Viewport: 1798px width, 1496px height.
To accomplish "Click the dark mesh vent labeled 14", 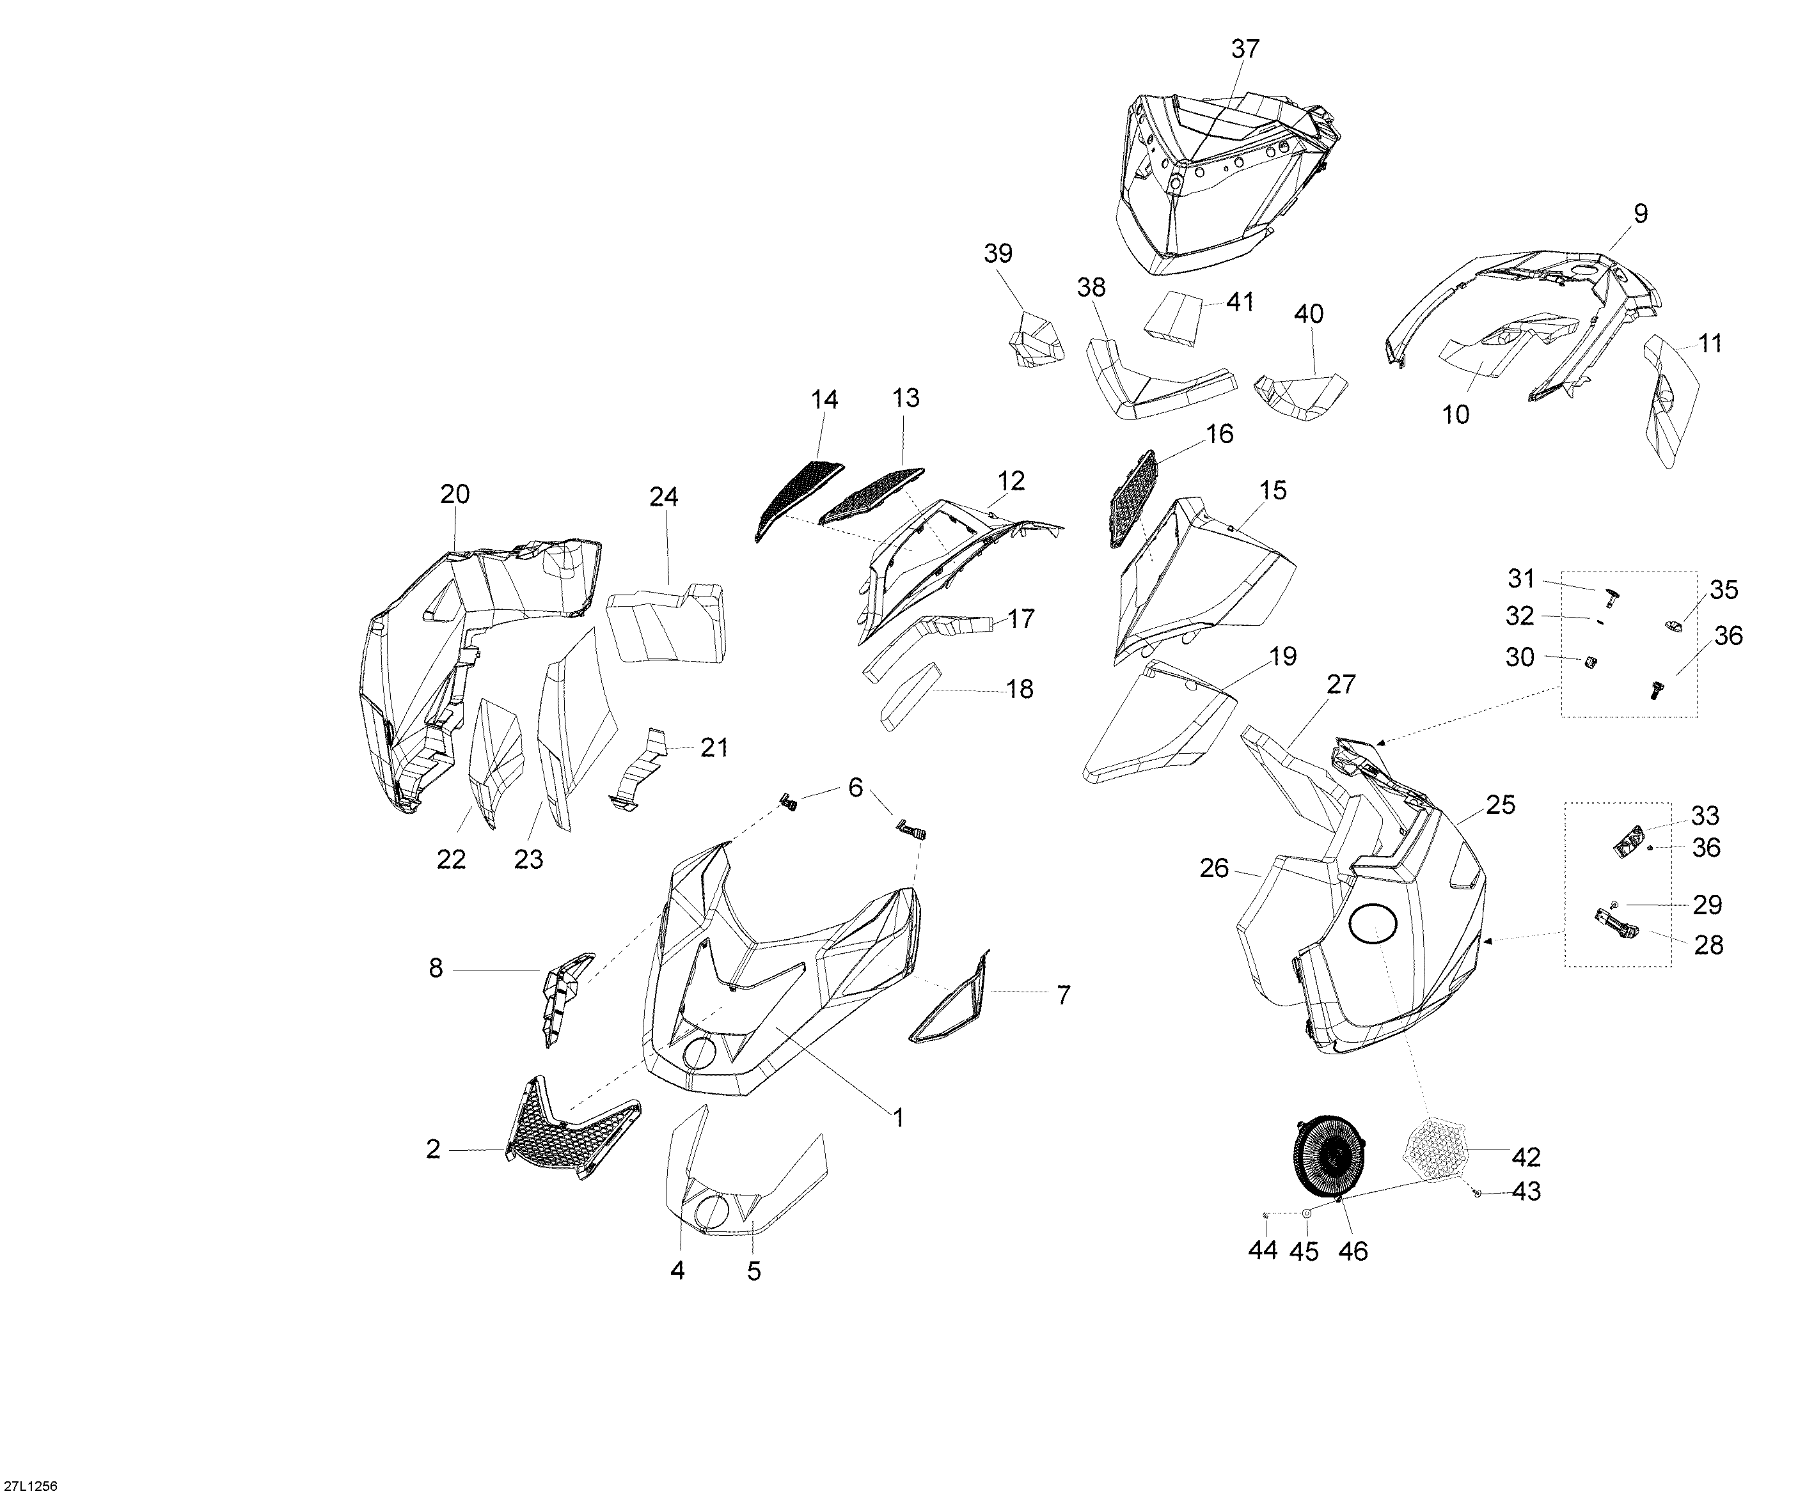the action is coord(798,499).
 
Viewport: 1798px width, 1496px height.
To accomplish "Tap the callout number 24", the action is coord(663,497).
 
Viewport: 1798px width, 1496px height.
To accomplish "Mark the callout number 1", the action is coord(898,1117).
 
